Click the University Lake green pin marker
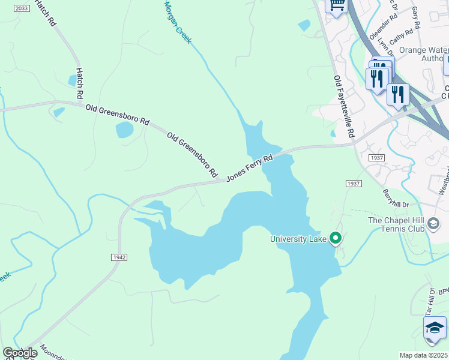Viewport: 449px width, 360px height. (336, 238)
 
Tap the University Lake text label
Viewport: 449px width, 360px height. (298, 239)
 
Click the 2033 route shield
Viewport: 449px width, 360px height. (21, 8)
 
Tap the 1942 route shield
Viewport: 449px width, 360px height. (119, 257)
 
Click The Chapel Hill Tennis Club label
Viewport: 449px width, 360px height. (396, 225)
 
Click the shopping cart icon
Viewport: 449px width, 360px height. (337, 5)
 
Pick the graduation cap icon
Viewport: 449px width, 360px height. (435, 328)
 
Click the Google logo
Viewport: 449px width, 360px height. (19, 353)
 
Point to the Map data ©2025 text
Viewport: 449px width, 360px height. (423, 355)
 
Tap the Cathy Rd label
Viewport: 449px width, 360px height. (400, 37)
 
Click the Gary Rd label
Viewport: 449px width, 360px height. (416, 18)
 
